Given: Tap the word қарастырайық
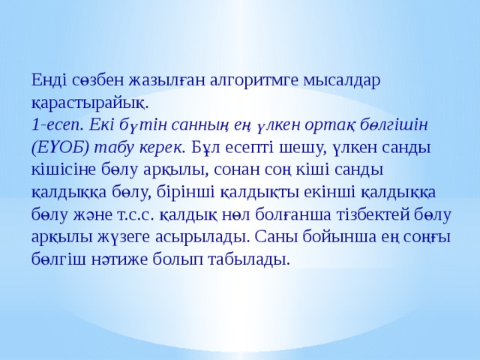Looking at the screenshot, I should point(90,99).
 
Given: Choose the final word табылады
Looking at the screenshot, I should point(252,259).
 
